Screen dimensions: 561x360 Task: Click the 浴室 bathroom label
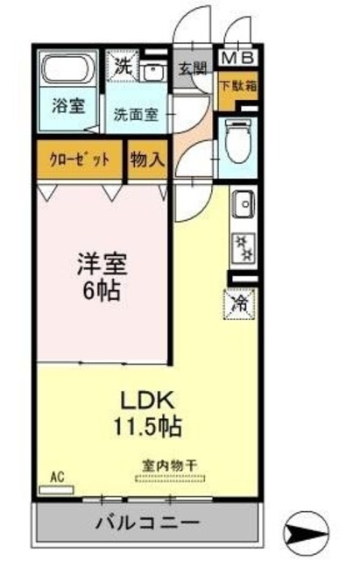[x=68, y=106]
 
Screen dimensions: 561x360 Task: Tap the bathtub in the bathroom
[x=69, y=68]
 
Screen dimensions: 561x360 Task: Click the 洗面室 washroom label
[x=133, y=113]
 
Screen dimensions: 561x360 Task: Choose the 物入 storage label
[x=145, y=160]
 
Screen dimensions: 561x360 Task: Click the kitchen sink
[x=243, y=207]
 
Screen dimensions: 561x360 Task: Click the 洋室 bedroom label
[x=101, y=262]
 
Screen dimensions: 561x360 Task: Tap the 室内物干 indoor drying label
[x=169, y=465]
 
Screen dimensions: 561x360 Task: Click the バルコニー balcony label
[x=146, y=523]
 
